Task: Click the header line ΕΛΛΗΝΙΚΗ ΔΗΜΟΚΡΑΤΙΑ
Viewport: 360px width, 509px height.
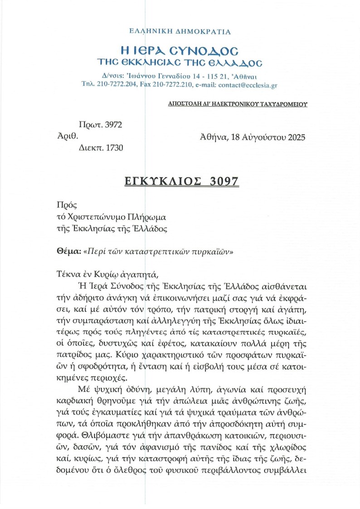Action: (180, 32)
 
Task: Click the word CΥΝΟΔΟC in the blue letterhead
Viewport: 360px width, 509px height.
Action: (208, 49)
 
